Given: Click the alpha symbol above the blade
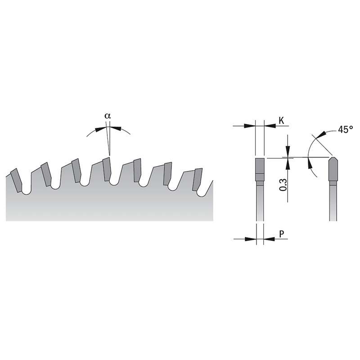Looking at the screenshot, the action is pos(108,116).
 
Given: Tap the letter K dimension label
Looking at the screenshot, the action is pos(282,120).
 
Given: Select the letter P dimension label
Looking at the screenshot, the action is pos(282,234).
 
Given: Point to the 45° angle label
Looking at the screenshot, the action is pos(346,130).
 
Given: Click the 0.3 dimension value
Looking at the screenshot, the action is pos(283,185).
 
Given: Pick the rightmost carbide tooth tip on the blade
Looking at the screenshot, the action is pos(198,180).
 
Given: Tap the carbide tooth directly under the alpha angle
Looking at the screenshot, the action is pos(107,169).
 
